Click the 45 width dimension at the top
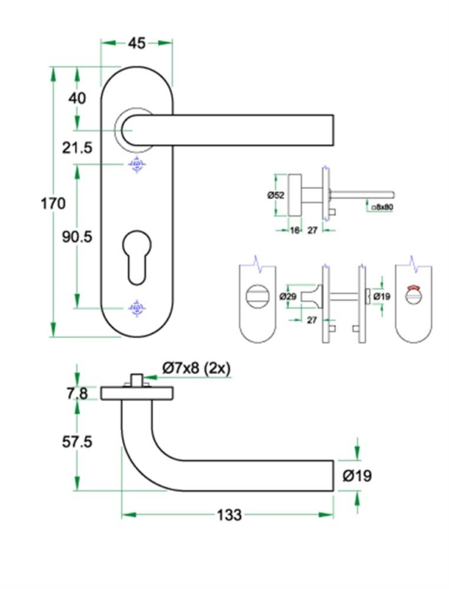click(x=136, y=43)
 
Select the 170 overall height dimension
click(x=52, y=203)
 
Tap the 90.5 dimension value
click(x=76, y=236)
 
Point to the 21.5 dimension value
click(x=76, y=148)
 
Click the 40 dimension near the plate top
click(x=77, y=98)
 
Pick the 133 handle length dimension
click(x=229, y=515)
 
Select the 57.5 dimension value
click(x=76, y=442)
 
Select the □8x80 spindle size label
click(x=382, y=205)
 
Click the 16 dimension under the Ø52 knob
click(x=294, y=231)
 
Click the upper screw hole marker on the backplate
click(x=136, y=165)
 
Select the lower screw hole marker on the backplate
click(x=136, y=307)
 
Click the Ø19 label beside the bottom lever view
click(x=358, y=475)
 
